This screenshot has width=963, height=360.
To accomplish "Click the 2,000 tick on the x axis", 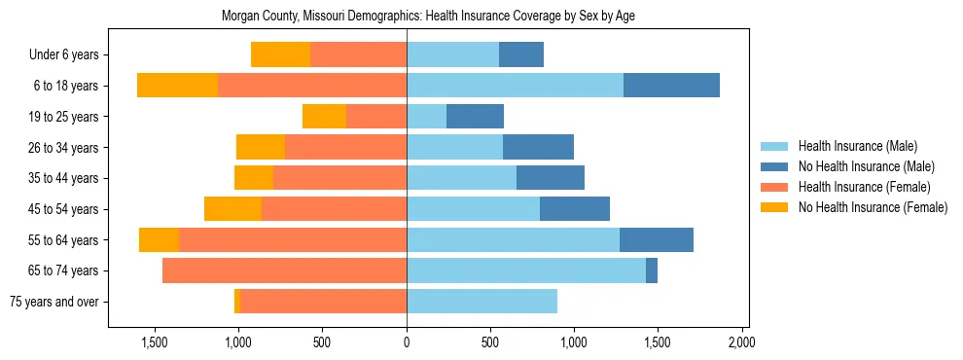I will click(741, 342).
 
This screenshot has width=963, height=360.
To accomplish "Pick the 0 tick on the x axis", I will click(407, 342).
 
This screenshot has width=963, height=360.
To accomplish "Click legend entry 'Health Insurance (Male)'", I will click(857, 146).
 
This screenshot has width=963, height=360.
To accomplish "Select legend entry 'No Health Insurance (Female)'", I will click(873, 207).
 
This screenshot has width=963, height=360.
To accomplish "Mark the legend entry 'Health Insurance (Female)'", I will click(864, 187).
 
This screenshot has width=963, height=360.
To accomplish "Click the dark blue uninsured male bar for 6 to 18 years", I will click(671, 86).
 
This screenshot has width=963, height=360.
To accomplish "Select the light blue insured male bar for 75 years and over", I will click(481, 302).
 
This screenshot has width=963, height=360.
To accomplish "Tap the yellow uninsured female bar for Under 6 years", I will click(280, 55).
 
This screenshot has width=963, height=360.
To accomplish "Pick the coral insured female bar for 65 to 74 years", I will click(284, 270).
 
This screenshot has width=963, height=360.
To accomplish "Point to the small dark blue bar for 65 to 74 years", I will click(652, 270).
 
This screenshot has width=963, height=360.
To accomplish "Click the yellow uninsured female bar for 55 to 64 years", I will click(159, 240).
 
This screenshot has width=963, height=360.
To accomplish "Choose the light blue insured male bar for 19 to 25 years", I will click(426, 117).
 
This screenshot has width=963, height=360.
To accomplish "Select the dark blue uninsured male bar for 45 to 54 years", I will click(575, 209).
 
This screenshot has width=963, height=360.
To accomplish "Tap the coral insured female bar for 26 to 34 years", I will click(345, 148).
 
